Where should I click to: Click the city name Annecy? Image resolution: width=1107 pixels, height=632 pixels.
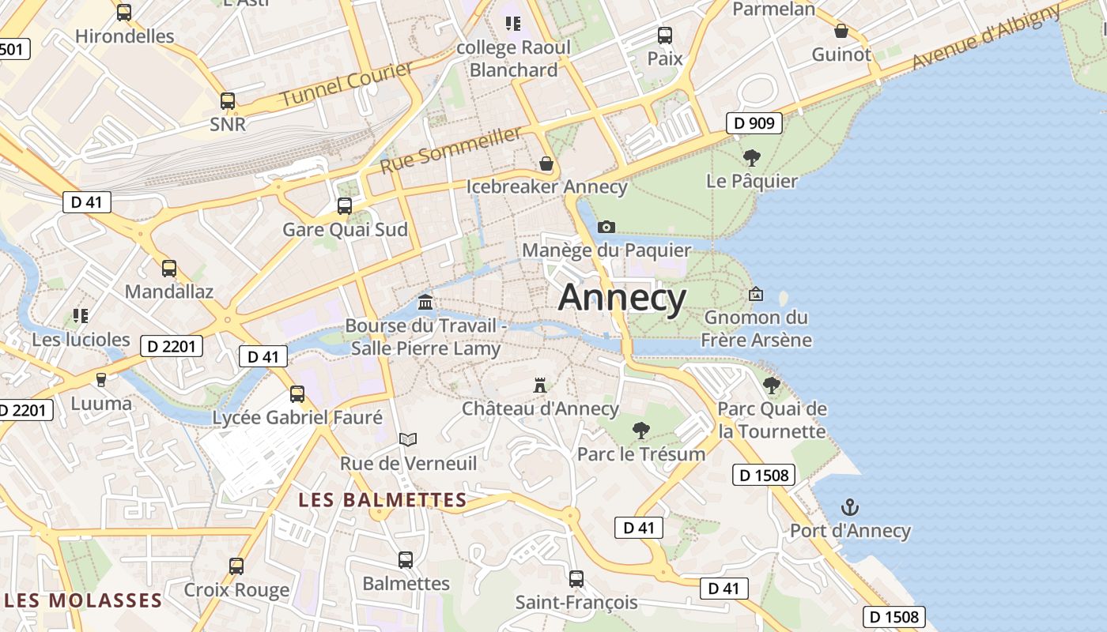[x=622, y=298]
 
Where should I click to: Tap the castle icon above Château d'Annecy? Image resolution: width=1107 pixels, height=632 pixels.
[x=540, y=386]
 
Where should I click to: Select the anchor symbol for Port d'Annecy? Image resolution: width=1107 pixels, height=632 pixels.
[x=850, y=506]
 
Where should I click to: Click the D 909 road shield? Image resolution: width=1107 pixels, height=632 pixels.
[x=754, y=122]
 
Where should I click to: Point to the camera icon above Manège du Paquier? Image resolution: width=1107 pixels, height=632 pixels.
[x=606, y=228]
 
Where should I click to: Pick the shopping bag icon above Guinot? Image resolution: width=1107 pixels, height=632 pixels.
[x=841, y=32]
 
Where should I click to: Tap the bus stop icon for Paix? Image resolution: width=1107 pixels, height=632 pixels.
[x=664, y=36]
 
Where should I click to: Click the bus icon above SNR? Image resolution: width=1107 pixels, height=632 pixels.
[x=228, y=101]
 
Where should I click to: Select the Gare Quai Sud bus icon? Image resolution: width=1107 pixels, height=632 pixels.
[x=345, y=206]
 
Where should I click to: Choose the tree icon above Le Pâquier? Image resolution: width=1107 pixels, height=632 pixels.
[x=751, y=158]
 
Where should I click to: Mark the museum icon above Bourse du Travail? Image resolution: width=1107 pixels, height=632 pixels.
[x=425, y=303]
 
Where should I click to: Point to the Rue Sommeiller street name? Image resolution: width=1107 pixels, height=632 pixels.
[x=451, y=150]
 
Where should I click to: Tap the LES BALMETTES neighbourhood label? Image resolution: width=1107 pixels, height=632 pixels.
[x=382, y=499]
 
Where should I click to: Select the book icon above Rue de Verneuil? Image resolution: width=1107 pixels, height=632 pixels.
[x=407, y=439]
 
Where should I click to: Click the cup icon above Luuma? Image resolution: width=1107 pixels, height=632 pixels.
[x=100, y=380]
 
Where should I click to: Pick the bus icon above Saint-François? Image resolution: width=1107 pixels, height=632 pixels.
[x=576, y=579]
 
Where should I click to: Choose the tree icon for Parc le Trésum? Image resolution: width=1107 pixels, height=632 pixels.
[x=640, y=431]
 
